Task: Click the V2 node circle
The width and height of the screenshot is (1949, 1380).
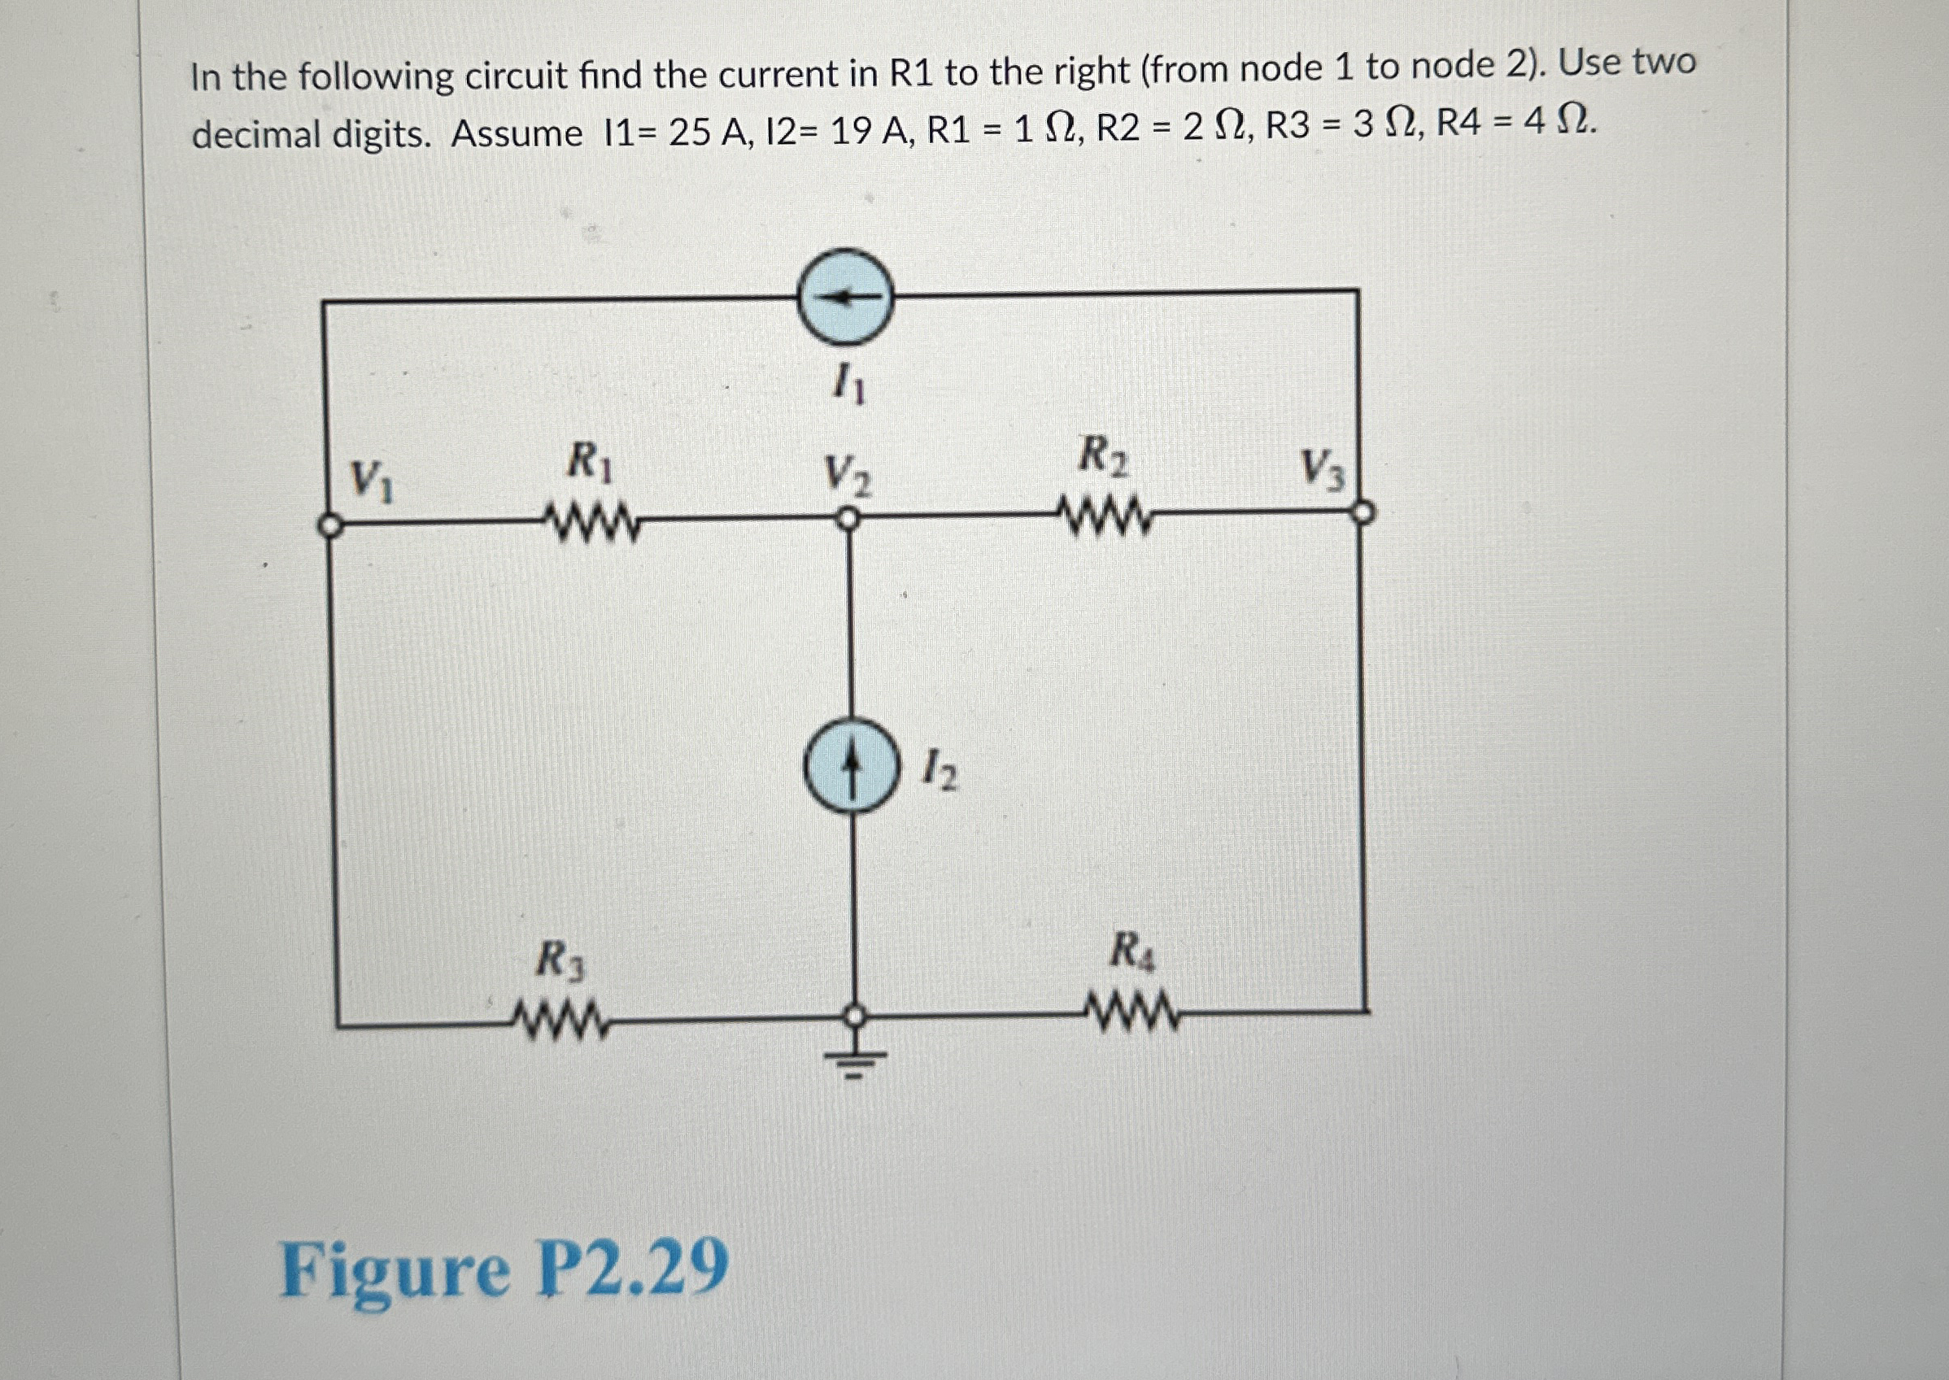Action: click(846, 519)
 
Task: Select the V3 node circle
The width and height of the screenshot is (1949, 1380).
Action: click(1363, 512)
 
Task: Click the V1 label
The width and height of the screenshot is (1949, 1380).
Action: click(373, 481)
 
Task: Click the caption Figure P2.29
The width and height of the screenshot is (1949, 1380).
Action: click(504, 1269)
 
